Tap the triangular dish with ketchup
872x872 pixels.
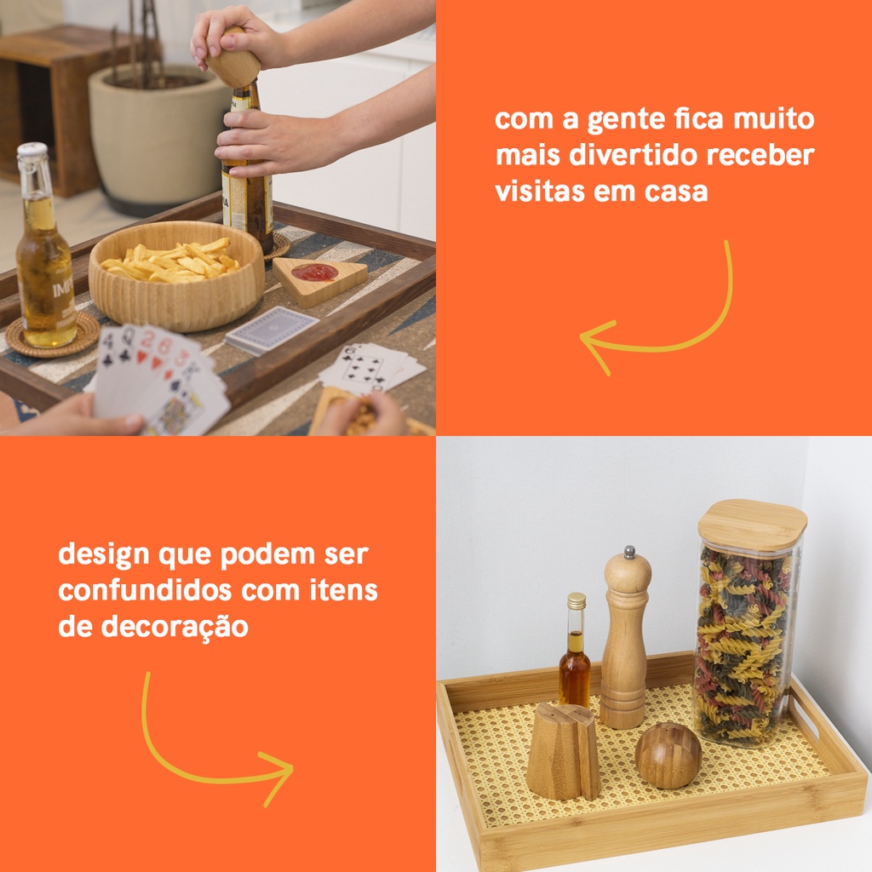(x=319, y=279)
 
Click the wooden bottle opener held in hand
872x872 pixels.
(x=233, y=59)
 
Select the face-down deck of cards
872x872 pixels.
(x=272, y=330)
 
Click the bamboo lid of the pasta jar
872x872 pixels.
(x=753, y=525)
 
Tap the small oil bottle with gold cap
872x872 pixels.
(x=575, y=650)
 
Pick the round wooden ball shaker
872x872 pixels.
(x=668, y=754)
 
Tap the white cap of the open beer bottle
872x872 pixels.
(x=32, y=150)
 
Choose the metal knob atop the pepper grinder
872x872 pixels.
(x=629, y=552)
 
